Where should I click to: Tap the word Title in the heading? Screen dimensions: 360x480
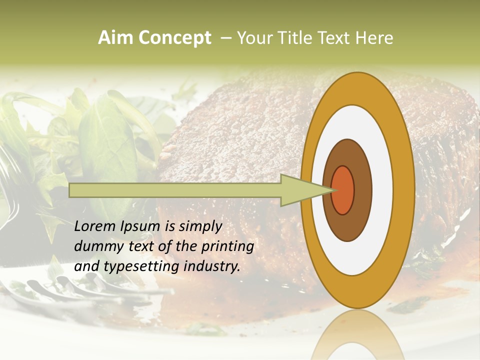297,38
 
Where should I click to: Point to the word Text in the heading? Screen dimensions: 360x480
335,38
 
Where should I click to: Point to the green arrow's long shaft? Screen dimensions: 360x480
175,190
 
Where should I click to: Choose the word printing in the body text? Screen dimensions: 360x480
227,246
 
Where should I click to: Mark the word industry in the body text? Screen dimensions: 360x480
210,266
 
